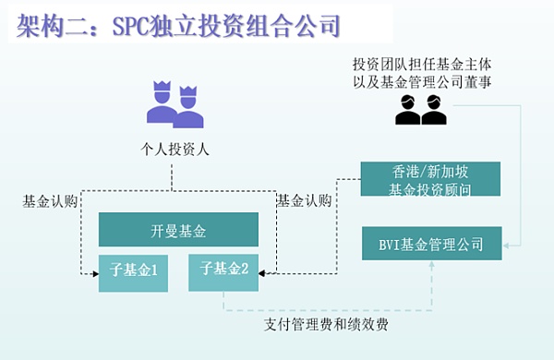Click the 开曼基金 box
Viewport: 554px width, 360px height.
[x=178, y=230]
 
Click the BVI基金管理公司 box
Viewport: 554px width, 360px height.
[x=431, y=245]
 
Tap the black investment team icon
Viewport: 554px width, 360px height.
[x=421, y=110]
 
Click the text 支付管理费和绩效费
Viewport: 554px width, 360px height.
[x=322, y=325]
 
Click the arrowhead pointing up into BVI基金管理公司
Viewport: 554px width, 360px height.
[x=431, y=267]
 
